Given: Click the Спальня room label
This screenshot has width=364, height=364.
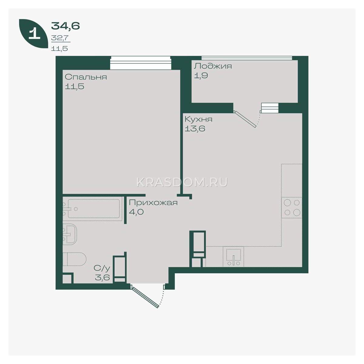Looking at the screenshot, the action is click(x=86, y=77).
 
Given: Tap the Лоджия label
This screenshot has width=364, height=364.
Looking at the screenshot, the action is click(x=213, y=66).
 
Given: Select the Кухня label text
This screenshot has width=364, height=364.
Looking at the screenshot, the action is click(x=198, y=120).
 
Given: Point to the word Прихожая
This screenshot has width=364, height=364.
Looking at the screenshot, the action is click(x=153, y=203).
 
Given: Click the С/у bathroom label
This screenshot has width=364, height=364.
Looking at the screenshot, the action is click(x=102, y=268).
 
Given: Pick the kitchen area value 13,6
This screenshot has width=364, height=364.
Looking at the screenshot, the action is click(x=195, y=129).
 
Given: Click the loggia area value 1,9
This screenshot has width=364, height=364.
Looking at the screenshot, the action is click(x=201, y=76).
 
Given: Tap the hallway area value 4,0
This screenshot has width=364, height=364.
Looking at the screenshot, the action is click(x=136, y=212).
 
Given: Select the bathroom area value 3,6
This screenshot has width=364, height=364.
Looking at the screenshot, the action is click(x=103, y=278).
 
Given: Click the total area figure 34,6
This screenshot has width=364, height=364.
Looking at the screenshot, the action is click(x=65, y=26).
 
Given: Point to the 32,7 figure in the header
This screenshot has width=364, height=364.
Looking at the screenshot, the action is click(x=59, y=38).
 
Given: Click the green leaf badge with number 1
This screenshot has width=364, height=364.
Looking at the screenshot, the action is click(x=33, y=34).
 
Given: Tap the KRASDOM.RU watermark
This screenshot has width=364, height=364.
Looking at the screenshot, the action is click(x=182, y=183).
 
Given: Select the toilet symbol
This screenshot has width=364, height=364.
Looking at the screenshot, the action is click(x=74, y=259).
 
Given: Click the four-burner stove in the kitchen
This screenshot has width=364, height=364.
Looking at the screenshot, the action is click(x=292, y=207).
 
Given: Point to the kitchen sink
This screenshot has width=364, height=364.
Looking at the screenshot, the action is click(x=234, y=257).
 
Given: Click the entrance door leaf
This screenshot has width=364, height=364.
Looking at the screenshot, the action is click(x=145, y=296).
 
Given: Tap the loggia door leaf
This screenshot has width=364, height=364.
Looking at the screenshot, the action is click(x=245, y=120).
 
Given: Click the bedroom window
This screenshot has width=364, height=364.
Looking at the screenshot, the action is click(x=141, y=63).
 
